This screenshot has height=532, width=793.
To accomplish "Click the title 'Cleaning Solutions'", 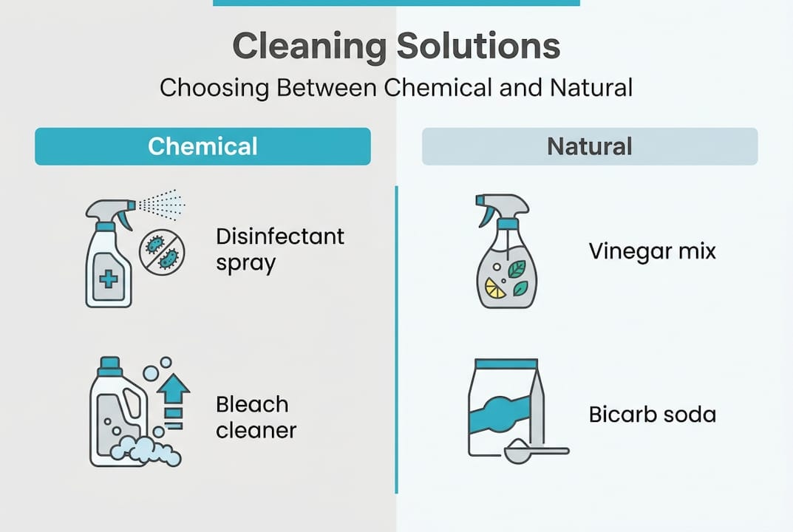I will pyautogui.click(x=396, y=47).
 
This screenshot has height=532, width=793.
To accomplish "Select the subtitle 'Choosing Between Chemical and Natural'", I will pyautogui.click(x=396, y=88).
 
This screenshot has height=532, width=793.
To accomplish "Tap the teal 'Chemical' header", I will pyautogui.click(x=202, y=146).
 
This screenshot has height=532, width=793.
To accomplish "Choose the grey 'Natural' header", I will pyautogui.click(x=589, y=146).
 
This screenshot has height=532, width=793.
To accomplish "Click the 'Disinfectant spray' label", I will pyautogui.click(x=279, y=249).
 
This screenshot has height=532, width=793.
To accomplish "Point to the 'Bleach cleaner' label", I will pyautogui.click(x=256, y=417).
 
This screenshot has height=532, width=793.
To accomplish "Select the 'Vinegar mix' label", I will pyautogui.click(x=652, y=250).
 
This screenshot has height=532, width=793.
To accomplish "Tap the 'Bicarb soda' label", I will pyautogui.click(x=652, y=414).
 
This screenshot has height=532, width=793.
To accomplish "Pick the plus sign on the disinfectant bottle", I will pyautogui.click(x=108, y=279).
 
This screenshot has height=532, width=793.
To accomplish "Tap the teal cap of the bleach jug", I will pyautogui.click(x=109, y=364).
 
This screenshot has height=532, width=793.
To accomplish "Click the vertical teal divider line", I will pyautogui.click(x=396, y=340).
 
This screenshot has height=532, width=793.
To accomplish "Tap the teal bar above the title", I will pyautogui.click(x=396, y=2).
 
